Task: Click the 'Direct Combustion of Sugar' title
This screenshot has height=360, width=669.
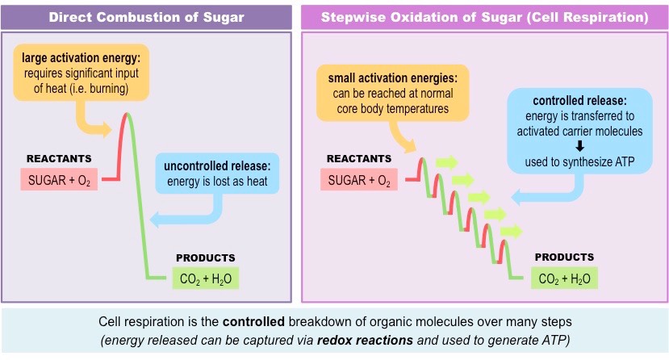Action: pyautogui.click(x=147, y=16)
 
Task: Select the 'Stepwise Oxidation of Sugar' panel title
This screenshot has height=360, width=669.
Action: pyautogui.click(x=483, y=16)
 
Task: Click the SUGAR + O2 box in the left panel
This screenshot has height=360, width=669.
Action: pyautogui.click(x=59, y=180)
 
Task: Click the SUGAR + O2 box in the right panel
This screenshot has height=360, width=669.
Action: pyautogui.click(x=359, y=180)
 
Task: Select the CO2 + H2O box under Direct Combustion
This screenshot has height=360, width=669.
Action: pyautogui.click(x=205, y=278)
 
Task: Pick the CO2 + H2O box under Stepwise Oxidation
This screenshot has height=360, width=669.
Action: pyautogui.click(x=563, y=279)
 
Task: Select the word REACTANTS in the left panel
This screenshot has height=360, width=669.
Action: pyautogui.click(x=59, y=158)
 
